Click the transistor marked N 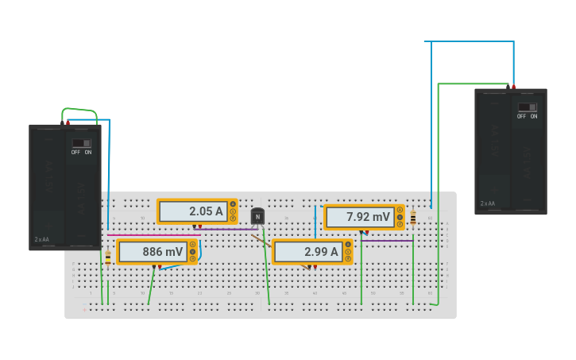(x=257, y=216)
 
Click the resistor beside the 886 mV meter (x=108, y=257)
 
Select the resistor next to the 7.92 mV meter (x=413, y=217)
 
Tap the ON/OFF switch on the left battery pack (x=81, y=144)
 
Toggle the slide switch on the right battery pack (x=527, y=107)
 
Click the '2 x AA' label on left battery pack (x=41, y=239)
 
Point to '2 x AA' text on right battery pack (x=487, y=203)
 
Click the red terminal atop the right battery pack (x=513, y=87)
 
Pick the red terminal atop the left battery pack (x=68, y=122)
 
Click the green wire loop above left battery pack (x=79, y=110)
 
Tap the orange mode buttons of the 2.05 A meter (x=233, y=211)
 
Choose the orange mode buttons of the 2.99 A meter (x=348, y=252)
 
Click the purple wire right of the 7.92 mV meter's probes (x=389, y=240)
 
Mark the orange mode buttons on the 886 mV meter (x=192, y=252)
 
